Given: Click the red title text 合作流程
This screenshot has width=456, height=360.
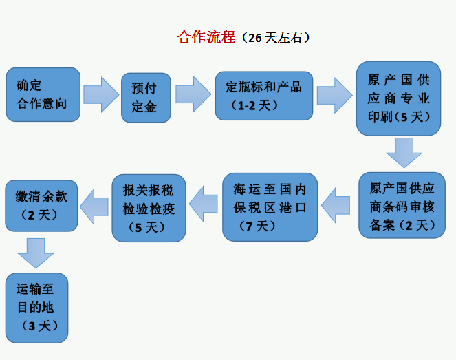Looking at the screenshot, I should pyautogui.click(x=206, y=38).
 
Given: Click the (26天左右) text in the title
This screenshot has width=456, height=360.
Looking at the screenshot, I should pyautogui.click(x=273, y=39).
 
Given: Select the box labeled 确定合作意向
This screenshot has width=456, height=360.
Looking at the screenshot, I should pyautogui.click(x=43, y=95).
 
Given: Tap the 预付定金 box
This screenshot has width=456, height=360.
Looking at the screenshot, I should pyautogui.click(x=145, y=97).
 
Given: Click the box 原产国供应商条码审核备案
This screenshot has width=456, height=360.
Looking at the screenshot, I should pyautogui.click(x=402, y=205).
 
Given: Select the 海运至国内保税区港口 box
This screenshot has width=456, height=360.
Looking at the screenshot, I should pyautogui.click(x=270, y=207).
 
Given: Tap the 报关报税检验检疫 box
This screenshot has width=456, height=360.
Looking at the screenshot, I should pyautogui.click(x=149, y=207).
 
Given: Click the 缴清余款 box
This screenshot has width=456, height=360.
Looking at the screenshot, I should pyautogui.click(x=41, y=205).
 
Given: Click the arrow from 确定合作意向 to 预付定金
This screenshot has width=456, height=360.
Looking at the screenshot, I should pyautogui.click(x=101, y=94).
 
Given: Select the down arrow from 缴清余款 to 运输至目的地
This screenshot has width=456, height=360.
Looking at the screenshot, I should pyautogui.click(x=36, y=253).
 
